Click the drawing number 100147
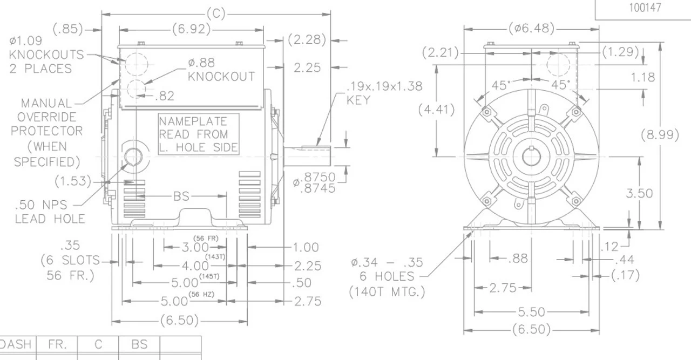(644, 8)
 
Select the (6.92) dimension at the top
(192, 29)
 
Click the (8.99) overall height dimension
(659, 134)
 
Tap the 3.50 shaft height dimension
(639, 193)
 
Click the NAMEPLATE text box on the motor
(198, 134)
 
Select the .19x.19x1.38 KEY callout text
(384, 93)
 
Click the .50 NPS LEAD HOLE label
(49, 212)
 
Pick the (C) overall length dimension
(216, 14)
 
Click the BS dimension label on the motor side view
(181, 196)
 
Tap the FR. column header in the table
(57, 344)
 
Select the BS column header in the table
(139, 344)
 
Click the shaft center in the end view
(531, 157)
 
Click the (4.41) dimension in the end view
(436, 110)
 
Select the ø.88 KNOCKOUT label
(221, 70)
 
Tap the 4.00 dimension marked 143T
(194, 266)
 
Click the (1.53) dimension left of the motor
(73, 181)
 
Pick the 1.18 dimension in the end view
(643, 77)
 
